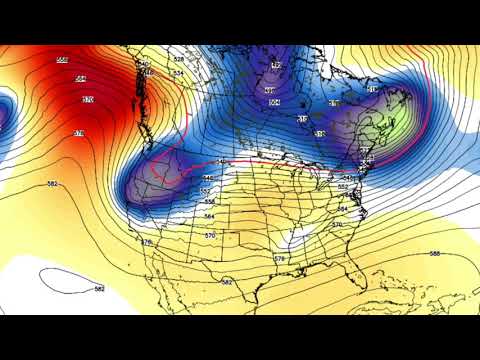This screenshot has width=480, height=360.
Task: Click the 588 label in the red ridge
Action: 62,60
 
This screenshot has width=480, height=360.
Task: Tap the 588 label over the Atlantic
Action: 435,254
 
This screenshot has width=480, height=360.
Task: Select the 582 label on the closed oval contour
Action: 99,288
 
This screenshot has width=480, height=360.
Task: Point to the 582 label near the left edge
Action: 53,184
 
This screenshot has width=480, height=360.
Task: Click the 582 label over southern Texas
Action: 227,282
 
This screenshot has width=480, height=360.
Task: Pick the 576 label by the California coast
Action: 147,242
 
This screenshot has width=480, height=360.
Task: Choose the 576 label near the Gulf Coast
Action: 279,259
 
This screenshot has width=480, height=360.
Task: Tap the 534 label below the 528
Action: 178,73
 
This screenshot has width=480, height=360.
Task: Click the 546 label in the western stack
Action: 208,178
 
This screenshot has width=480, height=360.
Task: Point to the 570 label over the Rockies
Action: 210,235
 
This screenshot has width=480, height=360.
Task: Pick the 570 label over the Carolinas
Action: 336,225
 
